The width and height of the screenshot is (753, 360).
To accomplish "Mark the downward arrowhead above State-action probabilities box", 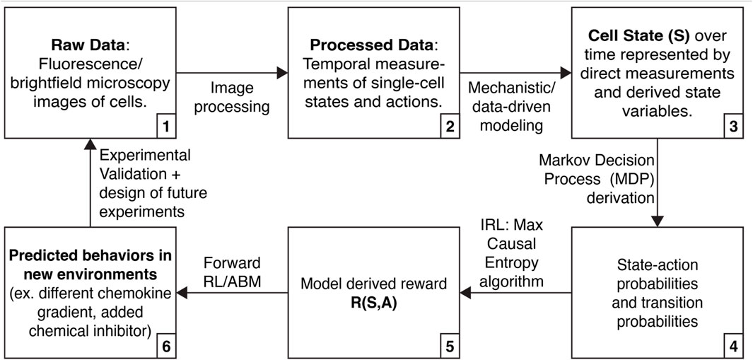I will tap(658, 220).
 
